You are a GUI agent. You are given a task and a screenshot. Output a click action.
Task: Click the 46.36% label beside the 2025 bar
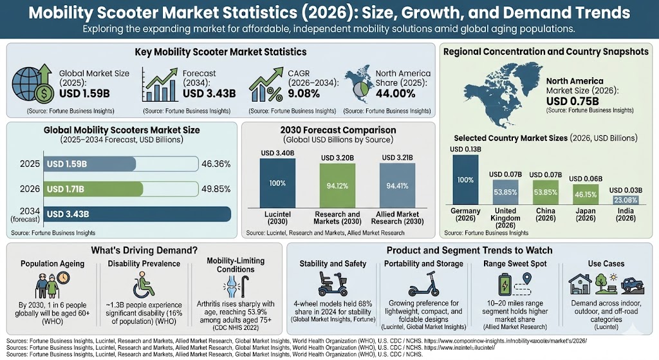coord(217,165)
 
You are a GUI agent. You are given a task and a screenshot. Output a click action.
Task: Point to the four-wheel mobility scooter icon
coord(333,284)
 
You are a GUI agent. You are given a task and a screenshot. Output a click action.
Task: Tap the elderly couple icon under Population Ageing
coord(47,283)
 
